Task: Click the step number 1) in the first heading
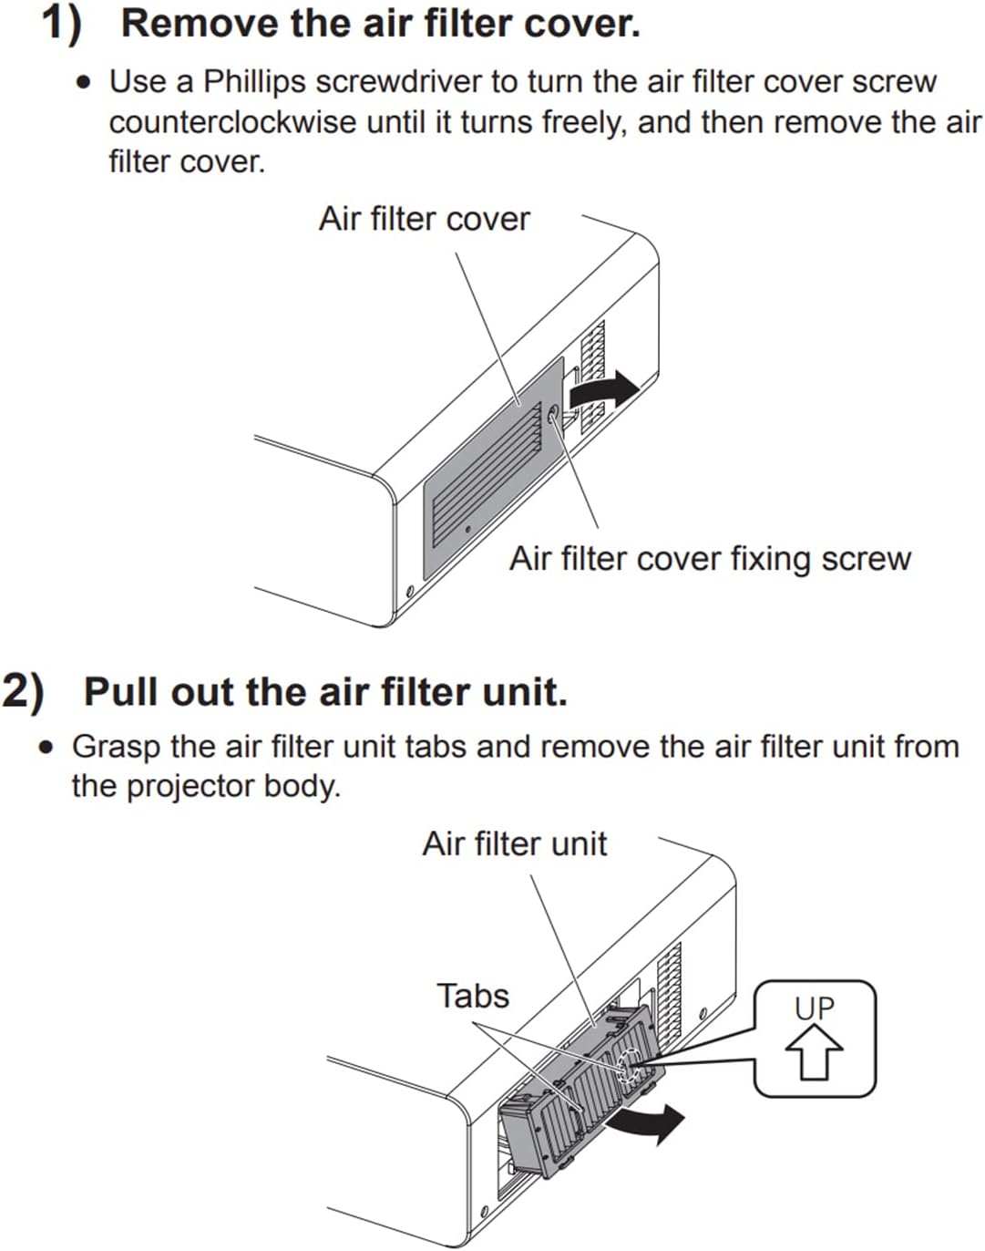click(x=63, y=25)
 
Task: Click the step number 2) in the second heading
click(x=24, y=692)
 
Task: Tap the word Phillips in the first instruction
click(x=254, y=83)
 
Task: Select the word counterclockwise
click(x=232, y=123)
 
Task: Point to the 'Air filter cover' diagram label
click(x=425, y=219)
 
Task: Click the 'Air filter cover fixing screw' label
click(x=710, y=560)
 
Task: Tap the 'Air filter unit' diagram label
click(x=514, y=843)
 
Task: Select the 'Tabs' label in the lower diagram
click(x=473, y=996)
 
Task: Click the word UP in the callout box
click(x=814, y=1008)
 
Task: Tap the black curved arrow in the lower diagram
click(x=645, y=1123)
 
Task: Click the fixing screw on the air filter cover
click(x=553, y=414)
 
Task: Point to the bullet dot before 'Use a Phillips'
click(x=84, y=83)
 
